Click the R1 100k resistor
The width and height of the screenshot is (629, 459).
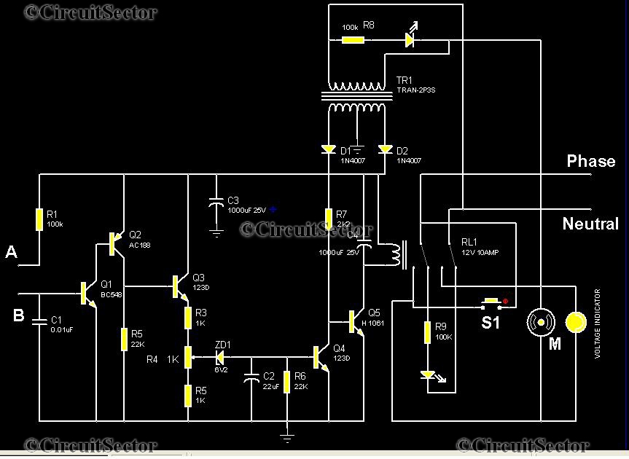[39, 219]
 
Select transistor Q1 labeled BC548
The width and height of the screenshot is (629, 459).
[88, 293]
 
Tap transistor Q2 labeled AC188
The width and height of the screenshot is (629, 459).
[114, 244]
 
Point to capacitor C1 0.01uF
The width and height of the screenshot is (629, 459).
[39, 321]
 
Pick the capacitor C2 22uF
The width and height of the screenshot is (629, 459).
[252, 377]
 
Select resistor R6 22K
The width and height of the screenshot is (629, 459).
[287, 381]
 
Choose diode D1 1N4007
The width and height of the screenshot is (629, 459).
[329, 149]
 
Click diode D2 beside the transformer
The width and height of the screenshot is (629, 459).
[385, 149]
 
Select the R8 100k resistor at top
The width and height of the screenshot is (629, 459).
[353, 39]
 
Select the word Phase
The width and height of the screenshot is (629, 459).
[591, 161]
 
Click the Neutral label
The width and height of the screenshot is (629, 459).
[590, 224]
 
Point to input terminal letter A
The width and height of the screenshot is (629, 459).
[11, 252]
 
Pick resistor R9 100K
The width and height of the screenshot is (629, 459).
[427, 332]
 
